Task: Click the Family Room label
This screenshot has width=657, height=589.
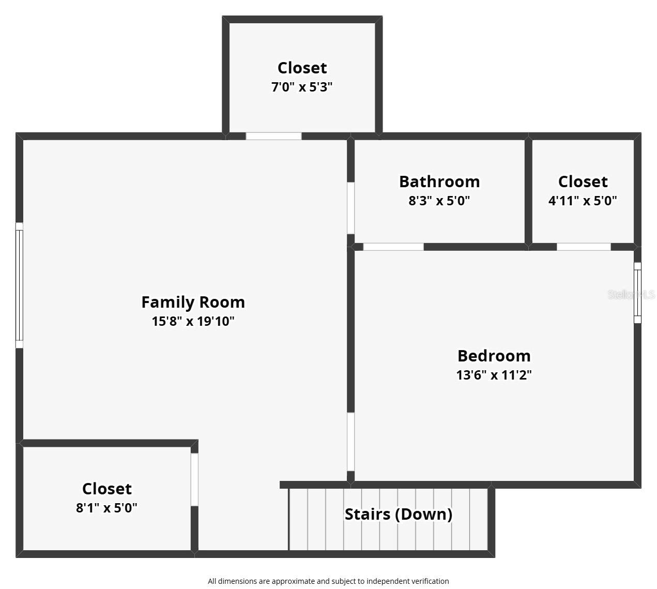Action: pos(193,302)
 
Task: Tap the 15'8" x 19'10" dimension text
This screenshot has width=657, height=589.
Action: pos(193,321)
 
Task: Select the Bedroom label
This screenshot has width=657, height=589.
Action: pos(494,356)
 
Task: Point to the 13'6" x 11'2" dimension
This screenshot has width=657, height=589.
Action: pos(494,375)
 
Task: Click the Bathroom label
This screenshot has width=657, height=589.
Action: pos(439,182)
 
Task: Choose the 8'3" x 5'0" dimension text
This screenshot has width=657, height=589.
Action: pos(439,201)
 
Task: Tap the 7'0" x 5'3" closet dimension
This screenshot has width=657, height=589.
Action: pos(302,87)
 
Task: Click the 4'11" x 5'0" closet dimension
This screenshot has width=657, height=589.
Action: pos(583,201)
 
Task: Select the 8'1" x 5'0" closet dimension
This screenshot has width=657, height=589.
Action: pos(107,508)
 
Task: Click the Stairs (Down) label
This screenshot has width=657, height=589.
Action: pos(399,514)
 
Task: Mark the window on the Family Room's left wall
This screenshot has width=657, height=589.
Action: pos(19,285)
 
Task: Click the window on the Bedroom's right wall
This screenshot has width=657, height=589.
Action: pos(637,293)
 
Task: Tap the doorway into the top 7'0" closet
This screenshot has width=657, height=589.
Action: pos(273,136)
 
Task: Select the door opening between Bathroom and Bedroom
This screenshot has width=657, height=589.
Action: pos(393,247)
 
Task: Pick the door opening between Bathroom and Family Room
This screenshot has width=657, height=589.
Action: pos(350,208)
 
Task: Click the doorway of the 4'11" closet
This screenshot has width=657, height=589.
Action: pos(584,247)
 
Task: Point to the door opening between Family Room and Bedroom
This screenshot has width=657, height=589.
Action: pos(350,442)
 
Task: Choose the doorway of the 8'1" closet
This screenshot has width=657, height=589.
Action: pos(194,479)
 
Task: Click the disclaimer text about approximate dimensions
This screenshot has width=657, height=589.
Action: pos(328,581)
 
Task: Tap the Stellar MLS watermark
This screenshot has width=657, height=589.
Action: pos(631,294)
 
